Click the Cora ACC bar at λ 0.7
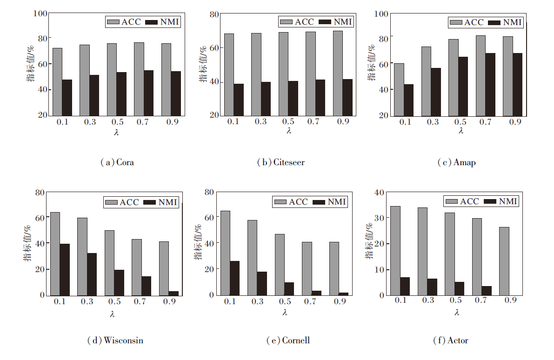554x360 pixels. tap(139, 79)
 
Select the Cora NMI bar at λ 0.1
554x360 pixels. tap(67, 97)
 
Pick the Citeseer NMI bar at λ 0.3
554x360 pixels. tap(266, 99)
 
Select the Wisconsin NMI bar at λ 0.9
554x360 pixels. tap(174, 293)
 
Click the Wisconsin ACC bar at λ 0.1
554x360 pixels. tap(55, 253)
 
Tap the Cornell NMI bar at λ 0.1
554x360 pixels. tap(234, 278)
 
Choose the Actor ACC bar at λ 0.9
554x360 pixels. tap(504, 261)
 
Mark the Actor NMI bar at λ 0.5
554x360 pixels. tap(459, 288)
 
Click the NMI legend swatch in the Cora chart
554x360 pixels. tap(152, 21)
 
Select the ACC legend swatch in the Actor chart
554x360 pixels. tap(451, 201)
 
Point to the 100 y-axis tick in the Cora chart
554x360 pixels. tap(40, 13)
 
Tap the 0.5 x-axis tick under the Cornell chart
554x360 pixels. tap(284, 302)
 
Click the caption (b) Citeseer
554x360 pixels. tap(280, 162)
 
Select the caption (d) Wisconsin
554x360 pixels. tap(115, 340)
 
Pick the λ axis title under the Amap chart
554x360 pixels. tap(460, 131)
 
